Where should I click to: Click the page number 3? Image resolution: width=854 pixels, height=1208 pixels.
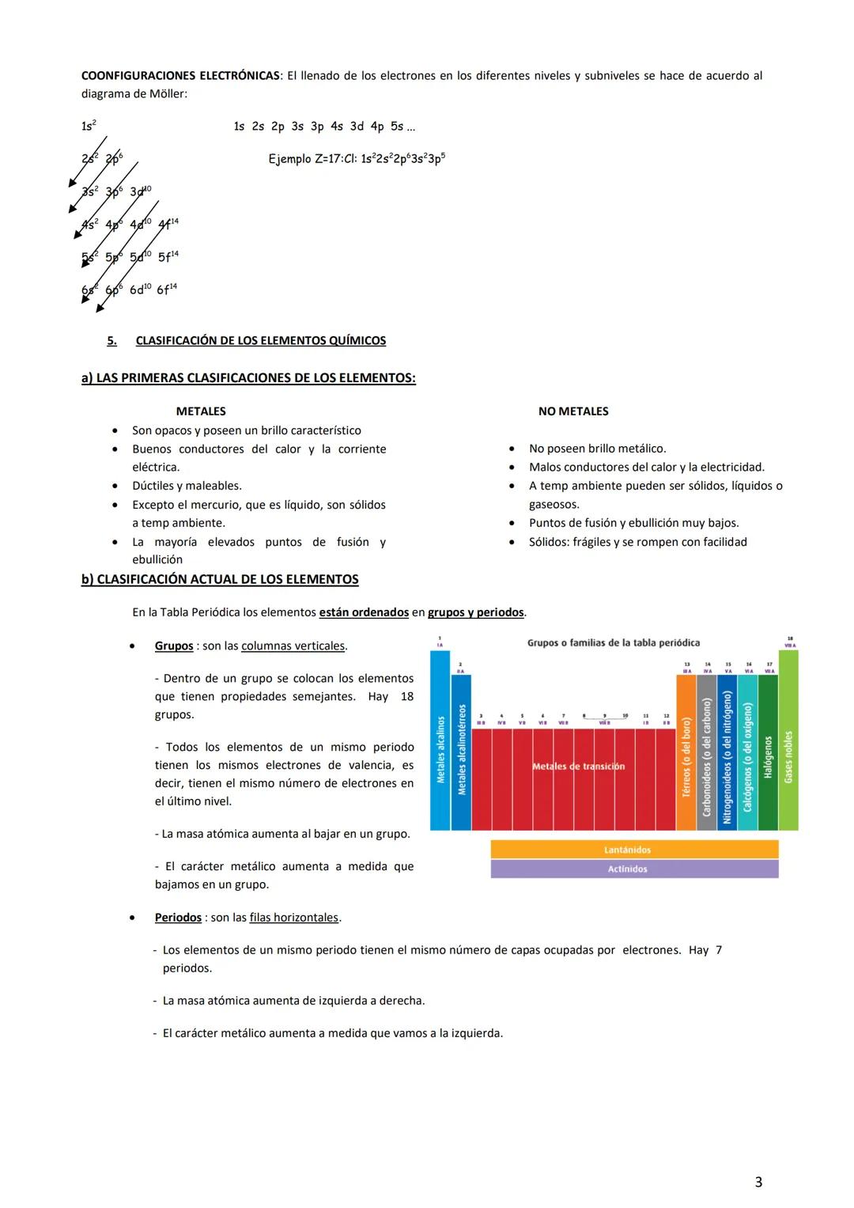click(758, 1182)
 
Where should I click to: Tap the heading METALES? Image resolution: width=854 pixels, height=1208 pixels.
click(201, 411)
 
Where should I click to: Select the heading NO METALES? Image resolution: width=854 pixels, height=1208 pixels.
click(573, 411)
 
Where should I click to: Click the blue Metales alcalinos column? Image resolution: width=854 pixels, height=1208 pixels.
click(440, 744)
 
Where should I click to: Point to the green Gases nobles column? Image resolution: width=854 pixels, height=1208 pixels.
click(788, 744)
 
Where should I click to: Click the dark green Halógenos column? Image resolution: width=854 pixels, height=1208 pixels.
click(768, 752)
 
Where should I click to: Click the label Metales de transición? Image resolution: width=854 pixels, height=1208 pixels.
click(578, 767)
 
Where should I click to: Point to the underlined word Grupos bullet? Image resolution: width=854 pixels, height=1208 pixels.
click(174, 646)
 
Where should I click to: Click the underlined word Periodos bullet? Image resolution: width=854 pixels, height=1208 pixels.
click(178, 918)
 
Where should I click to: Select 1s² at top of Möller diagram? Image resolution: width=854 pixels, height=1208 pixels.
click(89, 126)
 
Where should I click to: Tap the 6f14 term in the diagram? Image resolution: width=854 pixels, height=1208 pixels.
click(167, 290)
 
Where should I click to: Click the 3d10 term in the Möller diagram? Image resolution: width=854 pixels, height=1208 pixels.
click(141, 191)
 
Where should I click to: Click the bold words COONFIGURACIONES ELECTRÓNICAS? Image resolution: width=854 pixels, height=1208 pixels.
click(180, 76)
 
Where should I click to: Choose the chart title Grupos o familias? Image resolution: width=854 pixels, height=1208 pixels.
click(613, 643)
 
